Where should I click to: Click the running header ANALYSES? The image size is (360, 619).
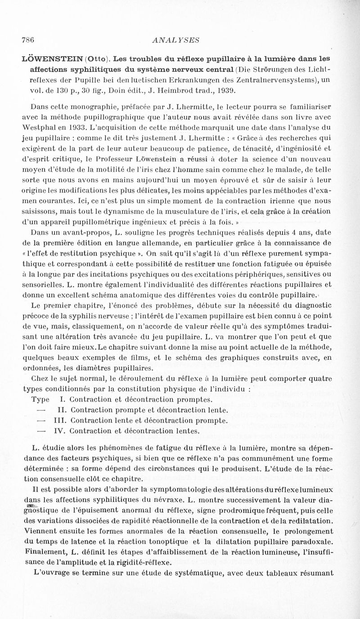[x=176, y=39]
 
